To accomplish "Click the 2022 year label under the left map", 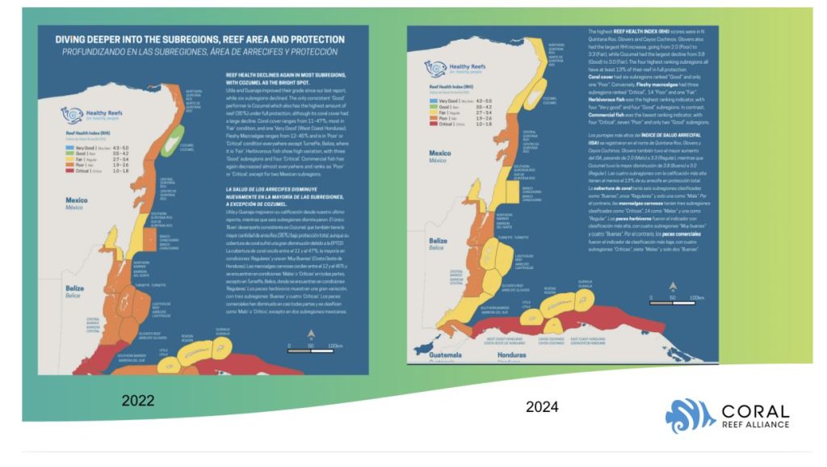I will (145, 399).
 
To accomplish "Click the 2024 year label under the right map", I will (542, 406).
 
